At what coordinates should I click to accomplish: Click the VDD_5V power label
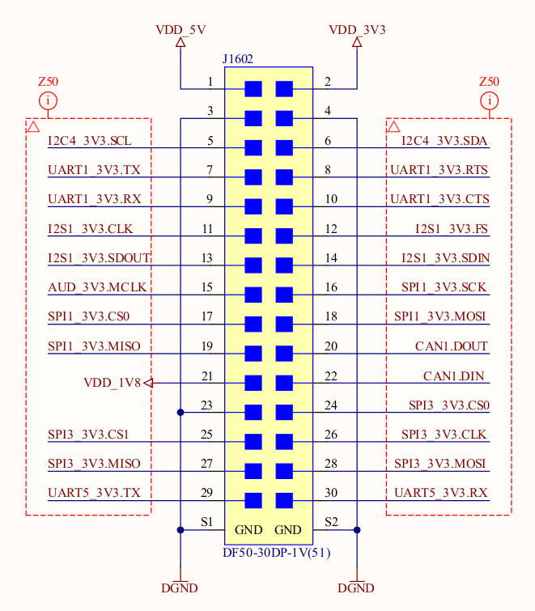coord(180,30)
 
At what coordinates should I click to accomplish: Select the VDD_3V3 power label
coord(357,30)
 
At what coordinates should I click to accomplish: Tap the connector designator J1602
coord(239,59)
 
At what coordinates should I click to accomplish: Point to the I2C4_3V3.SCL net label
coord(90,141)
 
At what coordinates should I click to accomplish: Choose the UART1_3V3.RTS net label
coord(439,170)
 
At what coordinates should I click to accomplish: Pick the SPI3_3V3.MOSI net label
coord(440,464)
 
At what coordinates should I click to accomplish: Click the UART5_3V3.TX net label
coord(95,493)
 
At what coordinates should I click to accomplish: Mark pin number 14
coord(330,258)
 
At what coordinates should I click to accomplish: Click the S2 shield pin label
coord(330,522)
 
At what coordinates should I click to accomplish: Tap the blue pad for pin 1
coord(253,89)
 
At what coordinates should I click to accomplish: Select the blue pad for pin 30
coord(284,500)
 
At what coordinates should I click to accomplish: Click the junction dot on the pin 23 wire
coord(180,413)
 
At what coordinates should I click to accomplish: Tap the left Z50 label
coord(48,82)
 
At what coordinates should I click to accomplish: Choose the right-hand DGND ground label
coord(356,588)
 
